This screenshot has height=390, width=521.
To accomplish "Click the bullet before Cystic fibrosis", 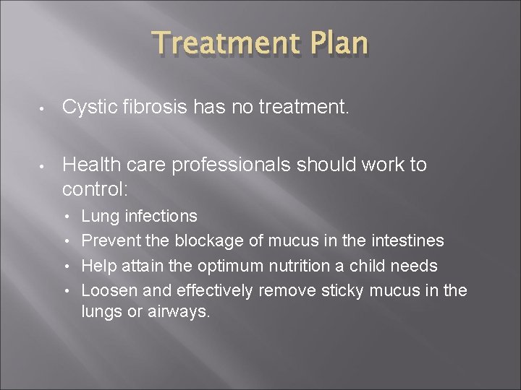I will [x=43, y=110].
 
